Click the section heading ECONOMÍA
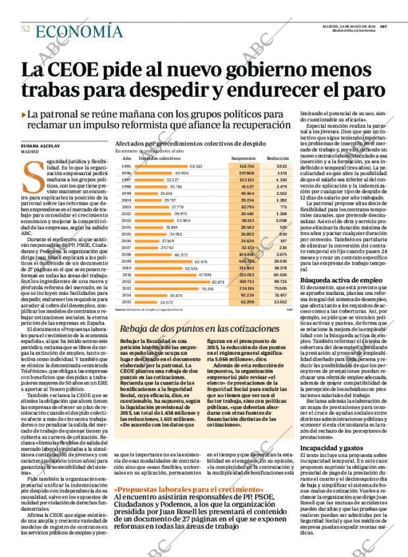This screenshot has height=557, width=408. click(79, 31)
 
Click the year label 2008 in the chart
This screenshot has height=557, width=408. click(126, 253)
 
